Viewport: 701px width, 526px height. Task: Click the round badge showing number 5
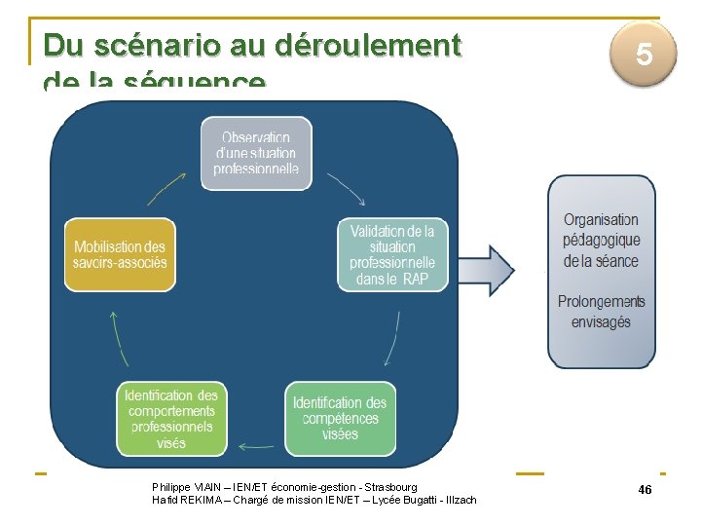tap(644, 55)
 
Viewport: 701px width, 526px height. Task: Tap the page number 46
tap(645, 489)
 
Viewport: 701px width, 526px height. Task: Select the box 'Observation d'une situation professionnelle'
tap(257, 153)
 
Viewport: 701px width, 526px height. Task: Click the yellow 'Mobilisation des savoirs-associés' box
tap(120, 254)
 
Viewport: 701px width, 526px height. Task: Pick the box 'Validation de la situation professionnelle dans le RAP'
tap(392, 255)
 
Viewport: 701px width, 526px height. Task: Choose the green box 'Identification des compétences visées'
tap(340, 419)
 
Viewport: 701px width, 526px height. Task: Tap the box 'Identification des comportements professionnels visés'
tap(172, 419)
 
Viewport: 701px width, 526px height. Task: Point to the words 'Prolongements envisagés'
tap(601, 312)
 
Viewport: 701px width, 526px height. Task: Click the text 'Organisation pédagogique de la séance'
tap(601, 240)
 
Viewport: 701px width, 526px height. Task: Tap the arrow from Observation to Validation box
tap(347, 189)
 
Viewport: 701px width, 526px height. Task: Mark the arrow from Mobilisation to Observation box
tap(166, 189)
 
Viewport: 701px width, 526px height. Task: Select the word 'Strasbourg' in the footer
tap(388, 487)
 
